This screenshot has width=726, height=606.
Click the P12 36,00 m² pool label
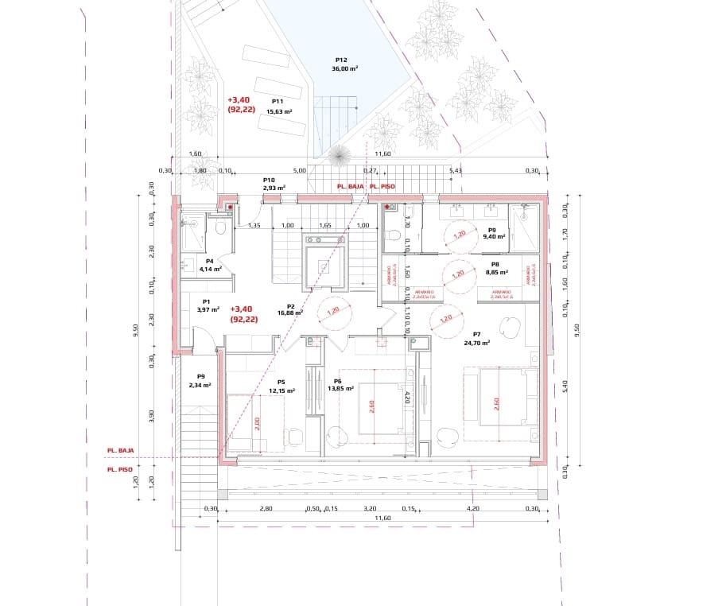point(344,64)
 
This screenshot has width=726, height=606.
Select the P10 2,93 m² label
point(269,185)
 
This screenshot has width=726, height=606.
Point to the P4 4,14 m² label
point(210,265)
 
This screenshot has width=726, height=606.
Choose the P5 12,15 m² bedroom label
point(281,387)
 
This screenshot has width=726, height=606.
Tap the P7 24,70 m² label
point(477,339)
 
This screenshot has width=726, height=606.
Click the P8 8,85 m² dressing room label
point(495,269)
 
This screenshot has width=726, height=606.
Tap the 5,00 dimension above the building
point(299,170)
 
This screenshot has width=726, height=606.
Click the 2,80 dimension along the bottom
point(266,508)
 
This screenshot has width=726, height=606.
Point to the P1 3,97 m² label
point(205,305)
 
